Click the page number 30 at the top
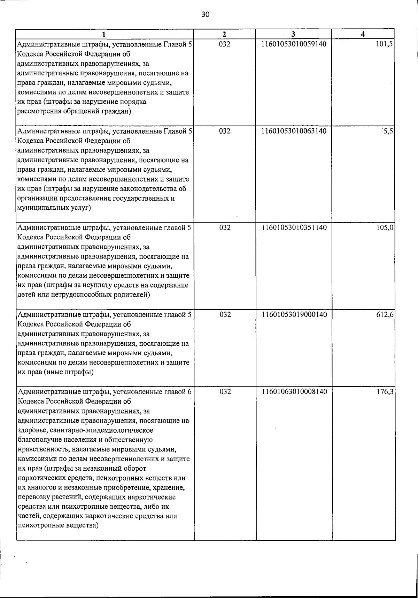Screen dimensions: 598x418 click(x=206, y=14)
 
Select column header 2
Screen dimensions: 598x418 click(x=224, y=34)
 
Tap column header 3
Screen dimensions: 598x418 click(x=293, y=34)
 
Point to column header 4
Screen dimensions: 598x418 click(x=363, y=34)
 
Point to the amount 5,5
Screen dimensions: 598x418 click(x=388, y=131)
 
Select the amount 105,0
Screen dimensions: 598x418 click(x=385, y=228)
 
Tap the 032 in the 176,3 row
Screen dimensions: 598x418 click(x=225, y=392)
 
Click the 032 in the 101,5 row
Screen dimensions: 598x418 click(x=225, y=44)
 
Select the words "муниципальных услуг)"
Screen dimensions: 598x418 click(x=54, y=208)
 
